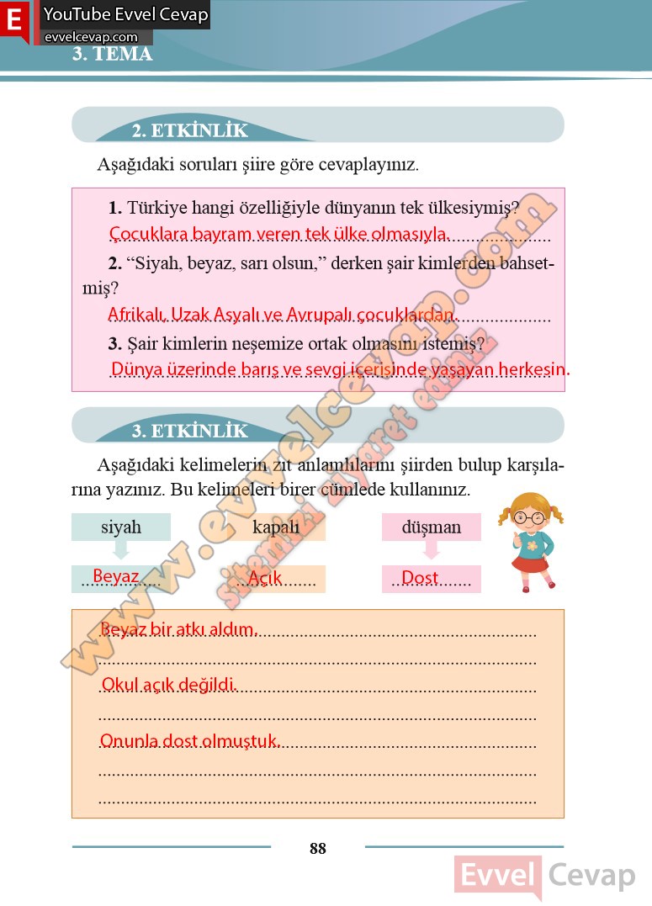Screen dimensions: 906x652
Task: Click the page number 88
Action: (x=317, y=848)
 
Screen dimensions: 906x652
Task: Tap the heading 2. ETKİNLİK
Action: (x=190, y=130)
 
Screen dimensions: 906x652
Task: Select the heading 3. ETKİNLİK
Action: (x=190, y=431)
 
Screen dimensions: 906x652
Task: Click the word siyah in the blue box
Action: (x=121, y=527)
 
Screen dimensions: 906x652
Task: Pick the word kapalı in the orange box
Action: (x=276, y=527)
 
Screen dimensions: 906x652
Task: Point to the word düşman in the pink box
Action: (x=432, y=527)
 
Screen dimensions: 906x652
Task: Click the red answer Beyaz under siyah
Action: (x=115, y=576)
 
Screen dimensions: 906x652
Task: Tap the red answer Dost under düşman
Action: (x=420, y=578)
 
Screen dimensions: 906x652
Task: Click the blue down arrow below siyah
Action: (x=121, y=550)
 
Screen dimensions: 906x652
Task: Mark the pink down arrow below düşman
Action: (x=432, y=550)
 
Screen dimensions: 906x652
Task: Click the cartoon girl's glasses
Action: (x=529, y=518)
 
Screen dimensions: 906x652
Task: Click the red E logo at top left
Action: (x=14, y=20)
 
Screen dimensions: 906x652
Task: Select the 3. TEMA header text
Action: (x=112, y=55)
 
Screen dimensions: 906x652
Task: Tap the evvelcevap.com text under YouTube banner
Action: (x=91, y=37)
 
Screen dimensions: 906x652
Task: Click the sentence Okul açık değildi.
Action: (x=167, y=685)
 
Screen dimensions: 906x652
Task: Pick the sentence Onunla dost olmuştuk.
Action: (x=189, y=741)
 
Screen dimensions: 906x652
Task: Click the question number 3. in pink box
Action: (x=115, y=343)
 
